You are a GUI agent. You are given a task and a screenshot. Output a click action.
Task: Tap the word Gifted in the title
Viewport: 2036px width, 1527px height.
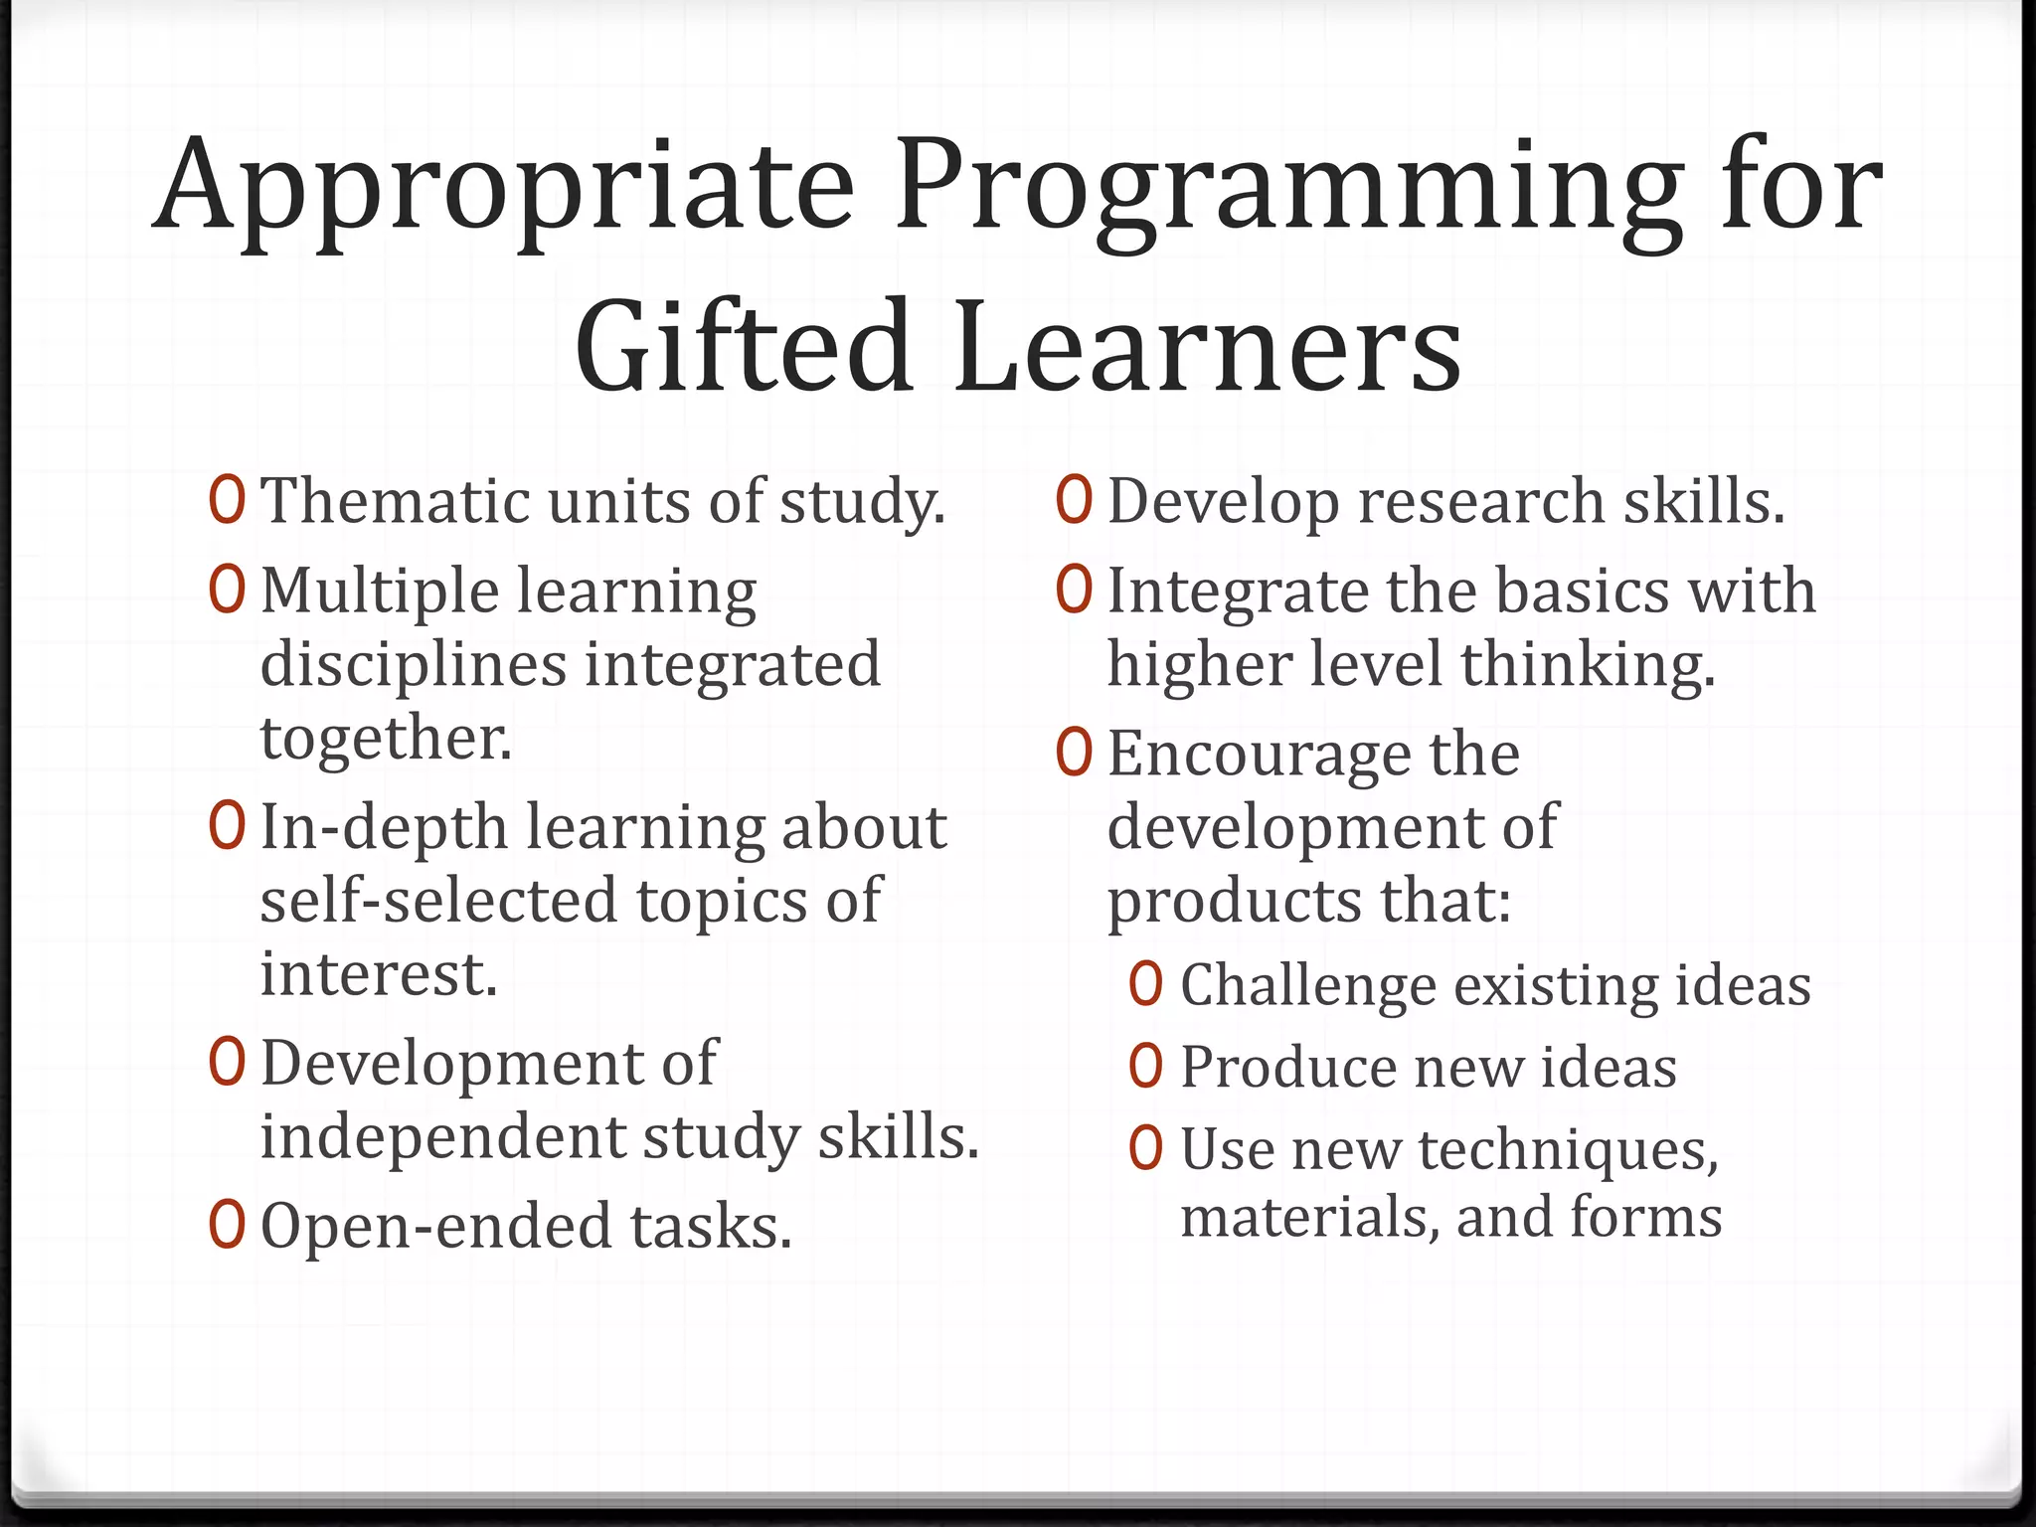tap(743, 346)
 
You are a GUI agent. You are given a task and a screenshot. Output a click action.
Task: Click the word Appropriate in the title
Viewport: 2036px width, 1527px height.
tap(503, 189)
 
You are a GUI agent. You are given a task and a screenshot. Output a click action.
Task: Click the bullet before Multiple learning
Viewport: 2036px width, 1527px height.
tap(227, 590)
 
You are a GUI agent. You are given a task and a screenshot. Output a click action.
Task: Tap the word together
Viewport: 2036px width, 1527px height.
tap(387, 738)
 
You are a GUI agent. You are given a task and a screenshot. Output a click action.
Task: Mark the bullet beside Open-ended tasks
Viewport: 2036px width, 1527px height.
tap(227, 1225)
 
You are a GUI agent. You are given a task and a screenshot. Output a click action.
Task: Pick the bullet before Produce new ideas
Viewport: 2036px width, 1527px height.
tap(1145, 1067)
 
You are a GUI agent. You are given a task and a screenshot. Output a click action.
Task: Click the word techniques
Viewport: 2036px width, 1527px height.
tap(1568, 1150)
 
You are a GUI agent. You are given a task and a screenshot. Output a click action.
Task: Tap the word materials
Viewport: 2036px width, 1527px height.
tap(1310, 1217)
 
